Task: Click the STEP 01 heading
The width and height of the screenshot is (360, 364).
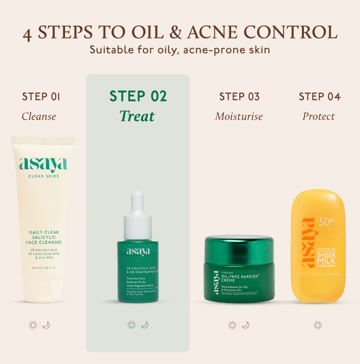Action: (41, 97)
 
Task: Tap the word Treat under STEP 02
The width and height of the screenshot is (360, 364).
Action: (137, 116)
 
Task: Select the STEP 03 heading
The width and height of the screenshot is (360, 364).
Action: (239, 97)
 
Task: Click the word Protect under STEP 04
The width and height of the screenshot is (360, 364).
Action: (318, 116)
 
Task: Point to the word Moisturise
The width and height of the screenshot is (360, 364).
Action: (239, 116)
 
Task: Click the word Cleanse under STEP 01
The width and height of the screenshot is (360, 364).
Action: (39, 116)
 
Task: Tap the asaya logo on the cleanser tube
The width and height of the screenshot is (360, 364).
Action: (43, 165)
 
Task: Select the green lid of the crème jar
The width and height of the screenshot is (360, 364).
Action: (239, 248)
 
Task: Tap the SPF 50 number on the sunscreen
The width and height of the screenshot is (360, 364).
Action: (324, 222)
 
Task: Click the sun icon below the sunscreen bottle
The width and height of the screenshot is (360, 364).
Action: (318, 325)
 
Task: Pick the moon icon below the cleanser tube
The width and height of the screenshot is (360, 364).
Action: (46, 325)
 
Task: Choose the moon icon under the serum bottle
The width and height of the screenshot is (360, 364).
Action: (145, 325)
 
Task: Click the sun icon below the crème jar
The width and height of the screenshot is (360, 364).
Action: (232, 325)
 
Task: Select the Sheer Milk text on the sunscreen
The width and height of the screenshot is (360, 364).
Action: (326, 258)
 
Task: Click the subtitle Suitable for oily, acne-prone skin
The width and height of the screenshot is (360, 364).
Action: (180, 50)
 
